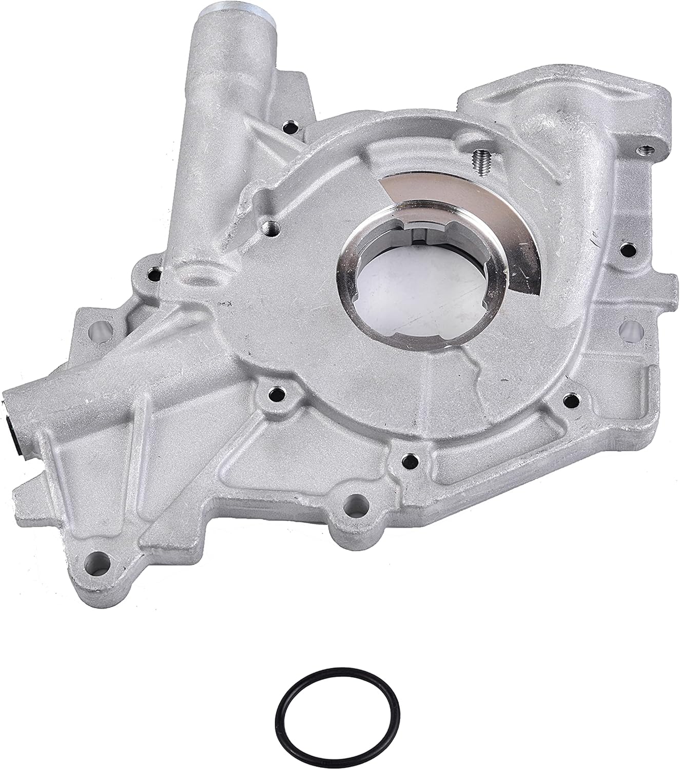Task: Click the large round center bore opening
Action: pyautogui.click(x=390, y=280)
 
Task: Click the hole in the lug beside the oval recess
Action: pyautogui.click(x=153, y=274)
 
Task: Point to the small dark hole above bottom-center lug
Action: pyautogui.click(x=407, y=458)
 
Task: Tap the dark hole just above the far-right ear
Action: pyautogui.click(x=626, y=250)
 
